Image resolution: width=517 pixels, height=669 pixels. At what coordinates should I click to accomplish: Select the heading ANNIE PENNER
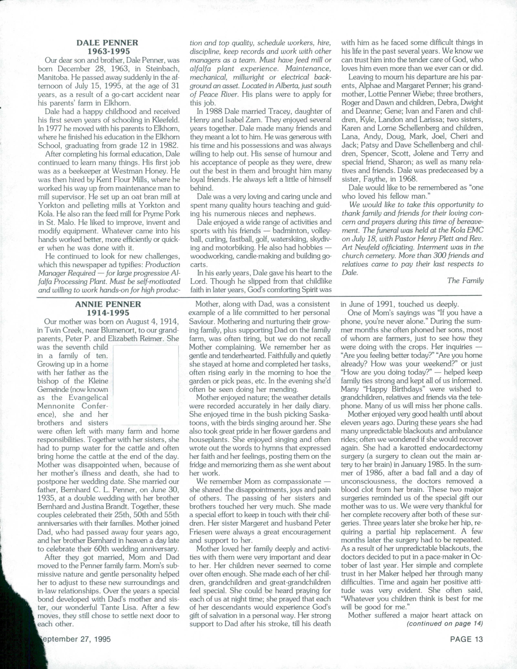(x=108, y=304)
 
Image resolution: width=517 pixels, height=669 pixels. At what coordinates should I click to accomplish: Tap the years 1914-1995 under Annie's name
(x=108, y=313)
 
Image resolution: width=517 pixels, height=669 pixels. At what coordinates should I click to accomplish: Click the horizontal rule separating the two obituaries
(x=259, y=296)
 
